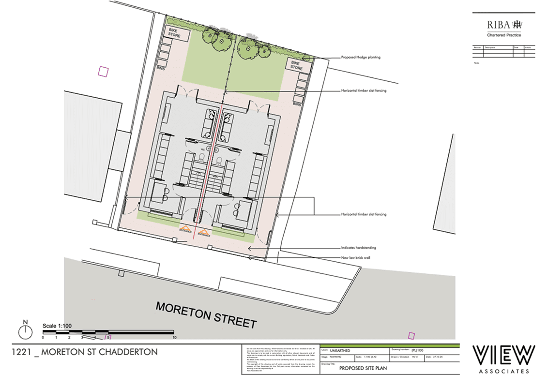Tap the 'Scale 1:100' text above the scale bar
57,325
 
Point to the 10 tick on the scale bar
174,337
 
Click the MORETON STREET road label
206,314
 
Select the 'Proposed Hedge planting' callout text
361,58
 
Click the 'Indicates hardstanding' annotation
359,248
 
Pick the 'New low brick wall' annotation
356,258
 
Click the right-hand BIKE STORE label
297,65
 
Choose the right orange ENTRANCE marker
203,233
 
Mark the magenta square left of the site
103,72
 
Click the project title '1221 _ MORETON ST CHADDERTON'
85,352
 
